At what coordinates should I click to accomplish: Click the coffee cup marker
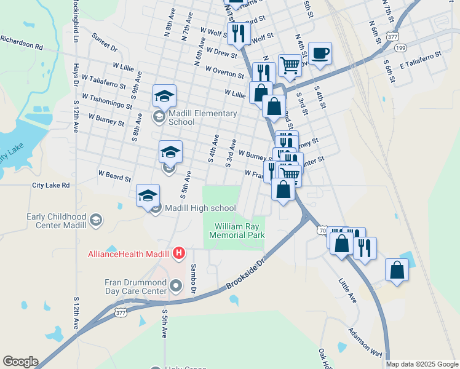pos(319,54)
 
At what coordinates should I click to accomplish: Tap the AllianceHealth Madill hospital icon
pos(178,253)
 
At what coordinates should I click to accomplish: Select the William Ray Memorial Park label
pos(239,231)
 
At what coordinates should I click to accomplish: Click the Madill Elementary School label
pos(202,117)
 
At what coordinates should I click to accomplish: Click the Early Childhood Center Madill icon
pos(96,220)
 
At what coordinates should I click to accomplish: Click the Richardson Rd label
pos(22,42)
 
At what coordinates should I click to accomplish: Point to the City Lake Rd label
pos(51,185)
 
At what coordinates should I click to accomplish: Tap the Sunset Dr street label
pos(105,42)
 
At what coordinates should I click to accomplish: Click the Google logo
pos(20,362)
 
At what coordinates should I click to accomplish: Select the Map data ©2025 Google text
pos(422,364)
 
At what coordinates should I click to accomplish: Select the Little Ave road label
pos(347,290)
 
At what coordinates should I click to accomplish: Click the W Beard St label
pos(114,177)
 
